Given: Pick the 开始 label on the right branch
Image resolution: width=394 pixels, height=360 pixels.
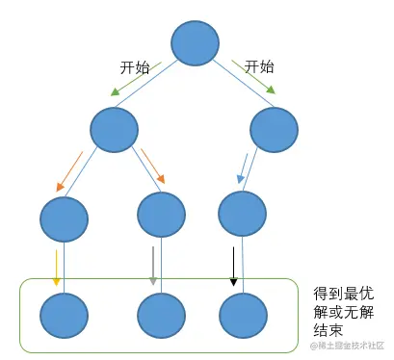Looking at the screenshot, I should pos(259,66).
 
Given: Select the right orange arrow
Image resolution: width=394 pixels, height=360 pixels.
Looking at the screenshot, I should pos(153,166).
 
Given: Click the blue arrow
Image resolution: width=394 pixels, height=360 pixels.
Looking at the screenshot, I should pos(247,166).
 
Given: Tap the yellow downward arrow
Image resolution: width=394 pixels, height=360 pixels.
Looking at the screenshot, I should pos(57,268).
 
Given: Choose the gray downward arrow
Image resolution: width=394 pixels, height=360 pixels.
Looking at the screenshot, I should pos(153,268).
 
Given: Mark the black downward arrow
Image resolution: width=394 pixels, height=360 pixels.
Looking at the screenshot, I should pos(232,268).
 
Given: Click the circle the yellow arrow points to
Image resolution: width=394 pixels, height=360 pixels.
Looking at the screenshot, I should pos(64,315).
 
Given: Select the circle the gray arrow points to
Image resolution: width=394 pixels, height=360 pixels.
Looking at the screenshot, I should pos(161,315).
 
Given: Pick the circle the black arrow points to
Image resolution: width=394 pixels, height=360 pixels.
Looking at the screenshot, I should pos(242,315).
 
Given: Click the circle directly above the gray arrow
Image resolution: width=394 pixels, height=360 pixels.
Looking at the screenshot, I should pos(161,215).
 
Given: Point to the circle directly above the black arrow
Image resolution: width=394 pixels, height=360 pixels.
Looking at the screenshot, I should pos(242,215).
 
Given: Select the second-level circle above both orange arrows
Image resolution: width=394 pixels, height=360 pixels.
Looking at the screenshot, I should pos(115,130).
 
